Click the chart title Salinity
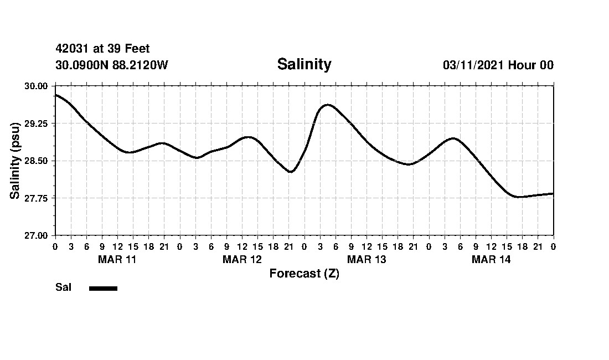pos(304,64)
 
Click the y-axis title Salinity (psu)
pos(16,161)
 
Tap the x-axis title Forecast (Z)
pos(304,274)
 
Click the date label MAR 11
pos(117,260)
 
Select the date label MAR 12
pos(242,260)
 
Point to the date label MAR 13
pos(367,260)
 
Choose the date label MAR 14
pos(491,260)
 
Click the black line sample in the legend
pos(103,288)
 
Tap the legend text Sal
pos(63,287)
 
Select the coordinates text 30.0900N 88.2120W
pos(111,65)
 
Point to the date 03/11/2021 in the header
pos(473,65)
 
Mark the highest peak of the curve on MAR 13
pos(327,104)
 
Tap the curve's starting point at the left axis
pos(55,95)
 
